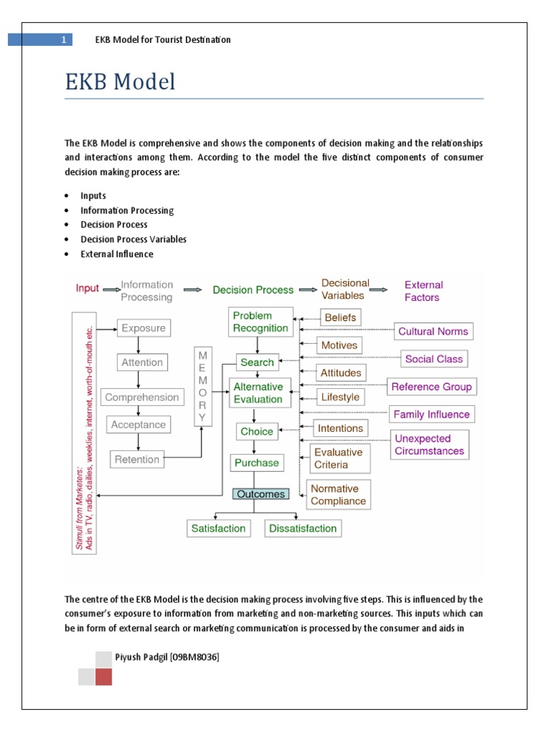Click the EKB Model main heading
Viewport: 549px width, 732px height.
point(120,82)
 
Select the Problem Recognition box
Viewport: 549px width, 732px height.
point(260,322)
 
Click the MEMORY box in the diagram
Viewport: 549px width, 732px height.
point(202,386)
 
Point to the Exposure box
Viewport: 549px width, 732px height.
point(143,329)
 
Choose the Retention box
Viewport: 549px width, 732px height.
point(137,460)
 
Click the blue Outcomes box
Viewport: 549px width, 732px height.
point(261,494)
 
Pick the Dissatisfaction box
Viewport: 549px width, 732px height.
point(302,528)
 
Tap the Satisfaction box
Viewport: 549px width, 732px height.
point(218,528)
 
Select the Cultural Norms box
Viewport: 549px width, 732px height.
point(433,332)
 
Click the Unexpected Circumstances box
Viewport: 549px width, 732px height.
point(429,445)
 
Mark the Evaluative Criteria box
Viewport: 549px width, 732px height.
point(339,458)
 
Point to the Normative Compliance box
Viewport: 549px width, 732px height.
point(338,495)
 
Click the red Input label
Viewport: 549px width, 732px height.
point(87,289)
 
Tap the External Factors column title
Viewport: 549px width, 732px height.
point(423,291)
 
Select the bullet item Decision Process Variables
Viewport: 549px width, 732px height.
point(134,239)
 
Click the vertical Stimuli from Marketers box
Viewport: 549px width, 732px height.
point(84,432)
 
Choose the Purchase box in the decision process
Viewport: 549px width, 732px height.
point(257,463)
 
